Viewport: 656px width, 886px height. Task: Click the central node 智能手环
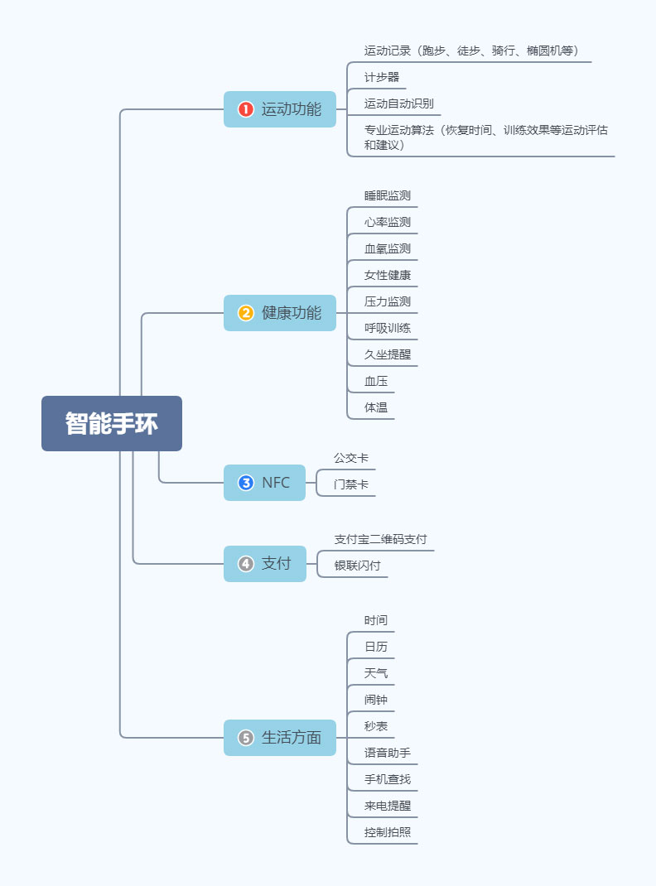tap(112, 423)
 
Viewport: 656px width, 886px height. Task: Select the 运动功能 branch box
tap(280, 109)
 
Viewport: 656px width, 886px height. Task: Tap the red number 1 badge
tap(246, 109)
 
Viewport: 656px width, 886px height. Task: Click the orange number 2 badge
tap(246, 313)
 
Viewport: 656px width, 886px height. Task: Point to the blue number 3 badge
tap(246, 483)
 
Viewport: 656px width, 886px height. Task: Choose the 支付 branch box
tap(265, 564)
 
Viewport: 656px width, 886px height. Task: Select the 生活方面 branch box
tap(280, 738)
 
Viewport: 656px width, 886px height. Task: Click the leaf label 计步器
tap(382, 77)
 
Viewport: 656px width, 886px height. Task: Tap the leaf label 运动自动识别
tap(398, 104)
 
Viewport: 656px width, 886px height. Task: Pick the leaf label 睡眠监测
tap(387, 195)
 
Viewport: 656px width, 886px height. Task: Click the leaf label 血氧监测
tap(387, 248)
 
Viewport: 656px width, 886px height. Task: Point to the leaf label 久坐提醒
tap(387, 354)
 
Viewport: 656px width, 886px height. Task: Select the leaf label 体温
tap(376, 407)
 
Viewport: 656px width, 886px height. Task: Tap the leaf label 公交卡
tap(351, 458)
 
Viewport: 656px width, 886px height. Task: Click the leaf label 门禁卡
tap(351, 484)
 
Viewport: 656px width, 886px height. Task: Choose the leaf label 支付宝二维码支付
tap(380, 539)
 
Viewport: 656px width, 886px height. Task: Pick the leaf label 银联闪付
tap(357, 566)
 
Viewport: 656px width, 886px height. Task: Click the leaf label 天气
tap(376, 673)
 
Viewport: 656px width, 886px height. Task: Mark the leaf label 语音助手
tap(387, 753)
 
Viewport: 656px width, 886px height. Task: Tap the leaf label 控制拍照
tap(387, 832)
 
